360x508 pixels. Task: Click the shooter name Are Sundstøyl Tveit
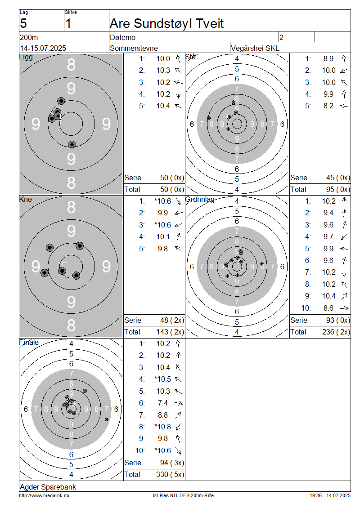[166, 24]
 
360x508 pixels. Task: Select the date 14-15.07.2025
[43, 48]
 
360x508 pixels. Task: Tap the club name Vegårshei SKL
[255, 48]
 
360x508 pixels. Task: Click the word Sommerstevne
[134, 48]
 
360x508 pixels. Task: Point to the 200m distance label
[29, 37]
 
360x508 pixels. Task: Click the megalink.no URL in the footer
[44, 496]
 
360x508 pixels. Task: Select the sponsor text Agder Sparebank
[48, 487]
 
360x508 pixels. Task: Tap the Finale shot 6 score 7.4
[163, 403]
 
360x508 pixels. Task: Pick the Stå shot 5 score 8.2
[328, 106]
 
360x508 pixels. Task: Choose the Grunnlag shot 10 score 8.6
[328, 308]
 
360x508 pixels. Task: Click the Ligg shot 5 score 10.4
[163, 106]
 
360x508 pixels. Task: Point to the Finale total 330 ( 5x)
[170, 475]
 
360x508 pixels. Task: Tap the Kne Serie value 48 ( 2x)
[172, 321]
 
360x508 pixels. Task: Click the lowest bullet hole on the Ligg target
[72, 144]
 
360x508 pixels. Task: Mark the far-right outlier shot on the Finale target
[107, 419]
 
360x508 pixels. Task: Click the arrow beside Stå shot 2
[344, 70]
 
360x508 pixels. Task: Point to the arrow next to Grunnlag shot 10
[344, 308]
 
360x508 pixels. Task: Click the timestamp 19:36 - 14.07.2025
[330, 496]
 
